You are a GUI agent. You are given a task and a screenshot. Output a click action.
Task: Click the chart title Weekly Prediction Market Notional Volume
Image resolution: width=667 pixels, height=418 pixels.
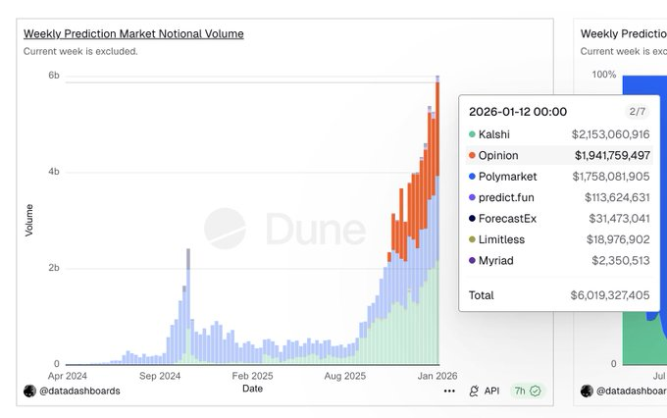[x=133, y=34]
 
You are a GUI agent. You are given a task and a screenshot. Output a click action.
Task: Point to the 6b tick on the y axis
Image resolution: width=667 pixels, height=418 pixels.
[x=54, y=76]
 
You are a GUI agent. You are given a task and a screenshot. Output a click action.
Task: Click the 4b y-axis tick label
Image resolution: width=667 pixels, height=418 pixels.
[x=54, y=172]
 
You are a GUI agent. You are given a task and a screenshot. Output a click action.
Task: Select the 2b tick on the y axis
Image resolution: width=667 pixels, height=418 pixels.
[x=54, y=268]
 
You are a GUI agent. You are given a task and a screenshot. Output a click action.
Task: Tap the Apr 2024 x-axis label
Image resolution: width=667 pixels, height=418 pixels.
[x=69, y=375]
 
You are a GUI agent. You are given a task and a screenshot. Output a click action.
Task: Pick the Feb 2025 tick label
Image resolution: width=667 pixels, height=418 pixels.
[x=252, y=375]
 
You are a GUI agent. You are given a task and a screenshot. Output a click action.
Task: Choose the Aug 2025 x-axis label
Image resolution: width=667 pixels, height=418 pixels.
[x=345, y=375]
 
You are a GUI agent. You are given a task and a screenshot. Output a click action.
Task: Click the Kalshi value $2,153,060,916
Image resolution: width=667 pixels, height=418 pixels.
[x=610, y=134]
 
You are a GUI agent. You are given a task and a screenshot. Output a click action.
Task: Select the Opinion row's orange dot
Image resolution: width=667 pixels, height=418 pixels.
[x=472, y=155]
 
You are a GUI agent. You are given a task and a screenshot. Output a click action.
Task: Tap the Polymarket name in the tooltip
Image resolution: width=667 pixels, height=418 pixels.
[x=509, y=177]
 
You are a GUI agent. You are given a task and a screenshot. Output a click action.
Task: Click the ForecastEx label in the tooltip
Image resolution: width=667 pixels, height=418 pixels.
[x=509, y=219]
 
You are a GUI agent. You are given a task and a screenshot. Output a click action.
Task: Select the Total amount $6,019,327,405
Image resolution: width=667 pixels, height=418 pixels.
[x=610, y=295]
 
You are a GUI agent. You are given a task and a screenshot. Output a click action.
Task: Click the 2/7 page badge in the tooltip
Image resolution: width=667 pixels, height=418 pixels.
[x=638, y=112]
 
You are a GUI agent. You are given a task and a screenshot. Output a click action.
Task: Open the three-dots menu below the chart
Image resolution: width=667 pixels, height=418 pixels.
[x=449, y=391]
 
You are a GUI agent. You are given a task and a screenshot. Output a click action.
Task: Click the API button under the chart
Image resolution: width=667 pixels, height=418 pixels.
[x=485, y=391]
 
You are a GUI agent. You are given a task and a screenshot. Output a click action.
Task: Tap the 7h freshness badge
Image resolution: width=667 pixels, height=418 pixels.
[x=528, y=391]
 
